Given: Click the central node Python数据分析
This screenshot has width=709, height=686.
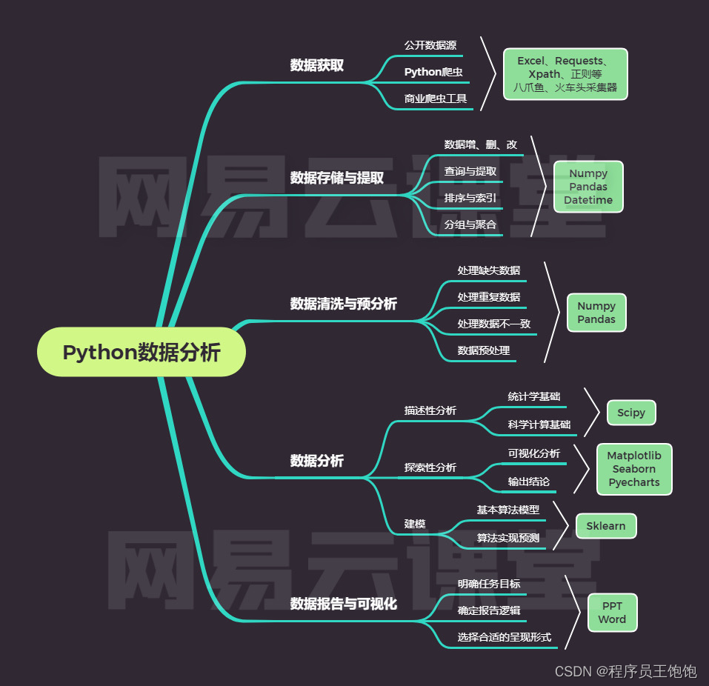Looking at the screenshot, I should tap(141, 352).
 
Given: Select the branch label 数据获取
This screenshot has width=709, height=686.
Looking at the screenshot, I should tap(316, 65).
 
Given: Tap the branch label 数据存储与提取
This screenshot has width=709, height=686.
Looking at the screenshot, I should tap(336, 178).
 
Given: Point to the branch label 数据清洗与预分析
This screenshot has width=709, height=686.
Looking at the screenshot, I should tap(343, 304).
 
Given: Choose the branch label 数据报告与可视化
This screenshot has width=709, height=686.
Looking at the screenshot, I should tap(343, 604).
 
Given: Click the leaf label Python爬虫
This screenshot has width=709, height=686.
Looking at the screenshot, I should tap(433, 72).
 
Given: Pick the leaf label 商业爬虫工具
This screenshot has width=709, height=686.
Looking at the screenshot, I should tap(436, 99).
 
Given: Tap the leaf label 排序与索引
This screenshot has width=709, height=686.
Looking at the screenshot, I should tap(470, 198).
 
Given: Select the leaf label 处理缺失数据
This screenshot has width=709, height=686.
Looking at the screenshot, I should tap(488, 270).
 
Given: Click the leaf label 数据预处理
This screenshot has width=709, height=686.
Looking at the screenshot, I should tap(483, 350).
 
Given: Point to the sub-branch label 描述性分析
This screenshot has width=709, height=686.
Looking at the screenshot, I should tap(430, 410).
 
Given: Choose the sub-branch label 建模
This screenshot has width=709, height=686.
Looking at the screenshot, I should tap(415, 524).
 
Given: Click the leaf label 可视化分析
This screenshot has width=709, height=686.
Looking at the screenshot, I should tap(533, 453).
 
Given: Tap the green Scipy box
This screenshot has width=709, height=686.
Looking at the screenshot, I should tap(631, 413).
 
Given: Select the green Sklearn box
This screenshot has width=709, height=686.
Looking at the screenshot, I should tap(605, 526).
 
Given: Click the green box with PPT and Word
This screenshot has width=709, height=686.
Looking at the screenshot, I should tap(612, 613).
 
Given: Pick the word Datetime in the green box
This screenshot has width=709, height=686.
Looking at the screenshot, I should tap(588, 200).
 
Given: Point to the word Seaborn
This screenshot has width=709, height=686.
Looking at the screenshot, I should tap(633, 469).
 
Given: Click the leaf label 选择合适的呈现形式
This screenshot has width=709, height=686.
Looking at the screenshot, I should tap(504, 637).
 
